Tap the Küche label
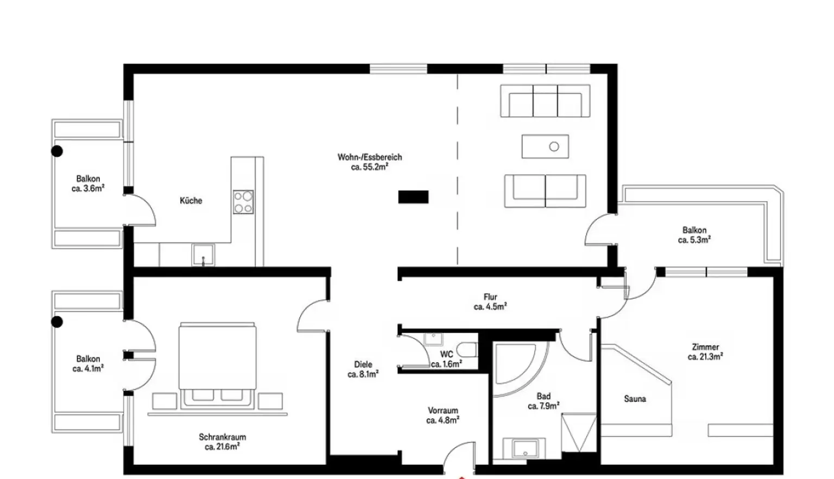[x=191, y=201]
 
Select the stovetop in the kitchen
[x=243, y=202]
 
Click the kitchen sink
[x=203, y=255]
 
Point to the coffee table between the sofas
[x=545, y=146]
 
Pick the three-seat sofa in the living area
[x=545, y=101]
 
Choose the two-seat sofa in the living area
[x=545, y=191]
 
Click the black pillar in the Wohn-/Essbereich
[x=413, y=197]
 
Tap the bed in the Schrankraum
[x=217, y=366]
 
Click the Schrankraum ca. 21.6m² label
[x=222, y=442]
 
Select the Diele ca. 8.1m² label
[x=363, y=369]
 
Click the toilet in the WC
[x=467, y=350]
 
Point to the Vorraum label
[x=443, y=411]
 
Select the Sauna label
[x=635, y=399]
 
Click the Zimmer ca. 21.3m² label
[x=705, y=352]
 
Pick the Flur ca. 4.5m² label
[x=490, y=302]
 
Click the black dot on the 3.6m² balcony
[x=57, y=151]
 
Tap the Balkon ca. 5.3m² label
[x=694, y=235]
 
